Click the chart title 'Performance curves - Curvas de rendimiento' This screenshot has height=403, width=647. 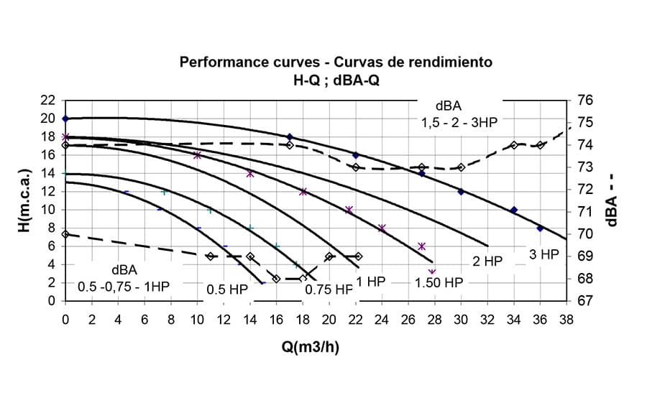(336, 62)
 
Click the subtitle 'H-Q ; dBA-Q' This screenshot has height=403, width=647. (336, 80)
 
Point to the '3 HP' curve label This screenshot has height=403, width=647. (544, 254)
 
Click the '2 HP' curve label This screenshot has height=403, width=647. (487, 262)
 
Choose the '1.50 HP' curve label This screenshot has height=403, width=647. (439, 282)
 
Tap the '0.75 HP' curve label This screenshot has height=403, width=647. (329, 289)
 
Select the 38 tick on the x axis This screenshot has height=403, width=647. (566, 320)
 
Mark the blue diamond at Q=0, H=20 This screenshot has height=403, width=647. (65, 119)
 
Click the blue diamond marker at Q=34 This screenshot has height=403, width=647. (513, 210)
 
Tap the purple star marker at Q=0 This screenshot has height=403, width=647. (65, 136)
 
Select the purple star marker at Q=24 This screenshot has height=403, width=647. (382, 228)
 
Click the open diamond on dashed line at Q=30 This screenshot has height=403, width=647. (461, 167)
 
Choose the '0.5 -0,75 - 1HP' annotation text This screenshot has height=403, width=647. (124, 285)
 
